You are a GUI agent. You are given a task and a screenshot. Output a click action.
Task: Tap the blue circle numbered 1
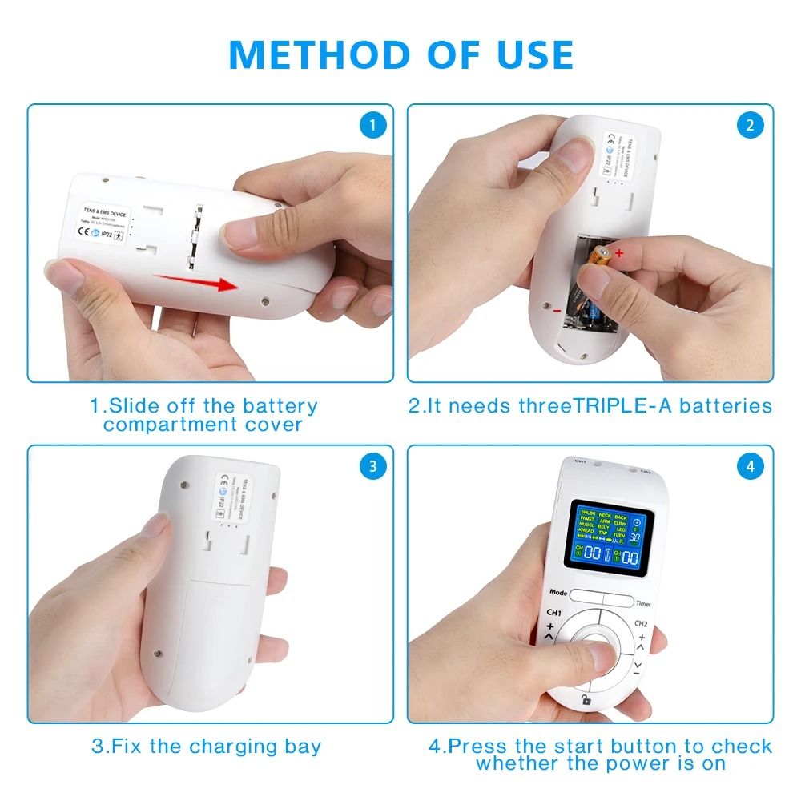coord(372,125)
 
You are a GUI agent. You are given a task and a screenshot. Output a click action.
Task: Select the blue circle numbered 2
coord(750,125)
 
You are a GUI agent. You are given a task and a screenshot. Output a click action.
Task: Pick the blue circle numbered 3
coord(372,466)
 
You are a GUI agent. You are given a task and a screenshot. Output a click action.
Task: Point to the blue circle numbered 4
coord(750,466)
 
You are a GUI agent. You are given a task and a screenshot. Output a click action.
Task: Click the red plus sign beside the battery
coord(618,253)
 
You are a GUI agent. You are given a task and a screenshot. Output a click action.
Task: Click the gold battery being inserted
coord(597,258)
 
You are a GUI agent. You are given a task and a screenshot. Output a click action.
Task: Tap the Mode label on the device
coord(558,594)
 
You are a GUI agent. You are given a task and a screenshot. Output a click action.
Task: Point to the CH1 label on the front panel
coord(553,614)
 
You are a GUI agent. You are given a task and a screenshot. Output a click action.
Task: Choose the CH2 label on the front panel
coord(641,623)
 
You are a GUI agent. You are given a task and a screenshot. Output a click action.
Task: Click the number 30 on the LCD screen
coord(634,537)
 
